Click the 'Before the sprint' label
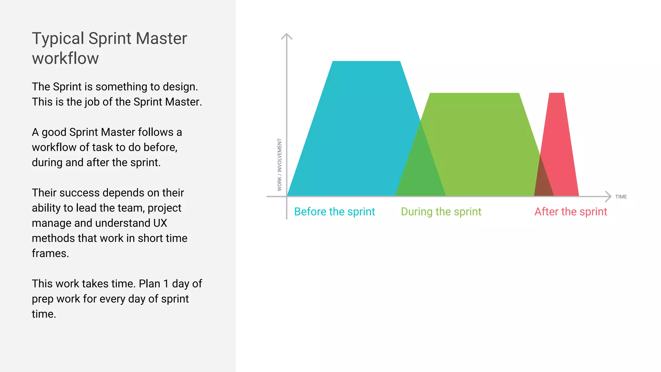coord(334,212)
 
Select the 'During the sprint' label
coord(441,212)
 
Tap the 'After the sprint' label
coord(571,212)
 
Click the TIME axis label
coord(621,197)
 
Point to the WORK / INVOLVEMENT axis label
coord(280,165)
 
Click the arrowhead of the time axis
coord(608,196)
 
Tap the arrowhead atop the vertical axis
coord(287,36)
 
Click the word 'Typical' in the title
coord(58,39)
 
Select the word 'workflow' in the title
coord(65,58)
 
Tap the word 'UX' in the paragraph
coord(160,223)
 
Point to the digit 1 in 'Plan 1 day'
coord(166,284)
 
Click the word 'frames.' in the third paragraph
coord(50,253)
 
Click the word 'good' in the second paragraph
coord(54,132)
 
